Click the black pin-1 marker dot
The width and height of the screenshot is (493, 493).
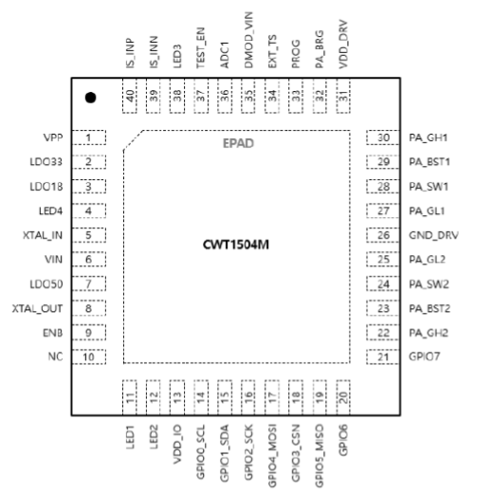pyautogui.click(x=90, y=98)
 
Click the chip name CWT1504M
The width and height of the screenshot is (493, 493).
pyautogui.click(x=236, y=245)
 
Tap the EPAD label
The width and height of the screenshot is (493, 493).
pyautogui.click(x=238, y=143)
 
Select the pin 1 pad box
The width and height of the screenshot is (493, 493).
pyautogui.click(x=89, y=137)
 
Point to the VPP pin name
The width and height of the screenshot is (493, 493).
pyautogui.click(x=53, y=137)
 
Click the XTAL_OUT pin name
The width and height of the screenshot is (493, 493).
pyautogui.click(x=37, y=309)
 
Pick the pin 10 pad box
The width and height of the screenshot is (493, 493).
pyautogui.click(x=89, y=356)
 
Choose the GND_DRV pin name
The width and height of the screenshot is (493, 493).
pyautogui.click(x=433, y=235)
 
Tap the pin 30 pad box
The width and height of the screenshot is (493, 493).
pyautogui.click(x=383, y=137)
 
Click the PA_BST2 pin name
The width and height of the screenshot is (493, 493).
pyautogui.click(x=429, y=308)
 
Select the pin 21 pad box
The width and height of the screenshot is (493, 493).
pyautogui.click(x=383, y=356)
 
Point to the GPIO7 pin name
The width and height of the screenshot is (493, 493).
pyautogui.click(x=425, y=356)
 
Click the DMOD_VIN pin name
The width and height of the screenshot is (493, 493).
pyautogui.click(x=248, y=40)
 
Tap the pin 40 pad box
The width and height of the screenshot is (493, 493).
pyautogui.click(x=130, y=96)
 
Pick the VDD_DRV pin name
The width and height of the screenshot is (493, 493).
pyautogui.click(x=343, y=45)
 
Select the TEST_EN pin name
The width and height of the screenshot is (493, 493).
pyautogui.click(x=201, y=47)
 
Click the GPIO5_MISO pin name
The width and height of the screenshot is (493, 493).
pyautogui.click(x=320, y=456)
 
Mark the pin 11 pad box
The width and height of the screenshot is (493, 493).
pyautogui.click(x=130, y=397)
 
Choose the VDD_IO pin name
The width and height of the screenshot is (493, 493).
pyautogui.click(x=177, y=444)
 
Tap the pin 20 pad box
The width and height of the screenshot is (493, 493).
pyautogui.click(x=343, y=397)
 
